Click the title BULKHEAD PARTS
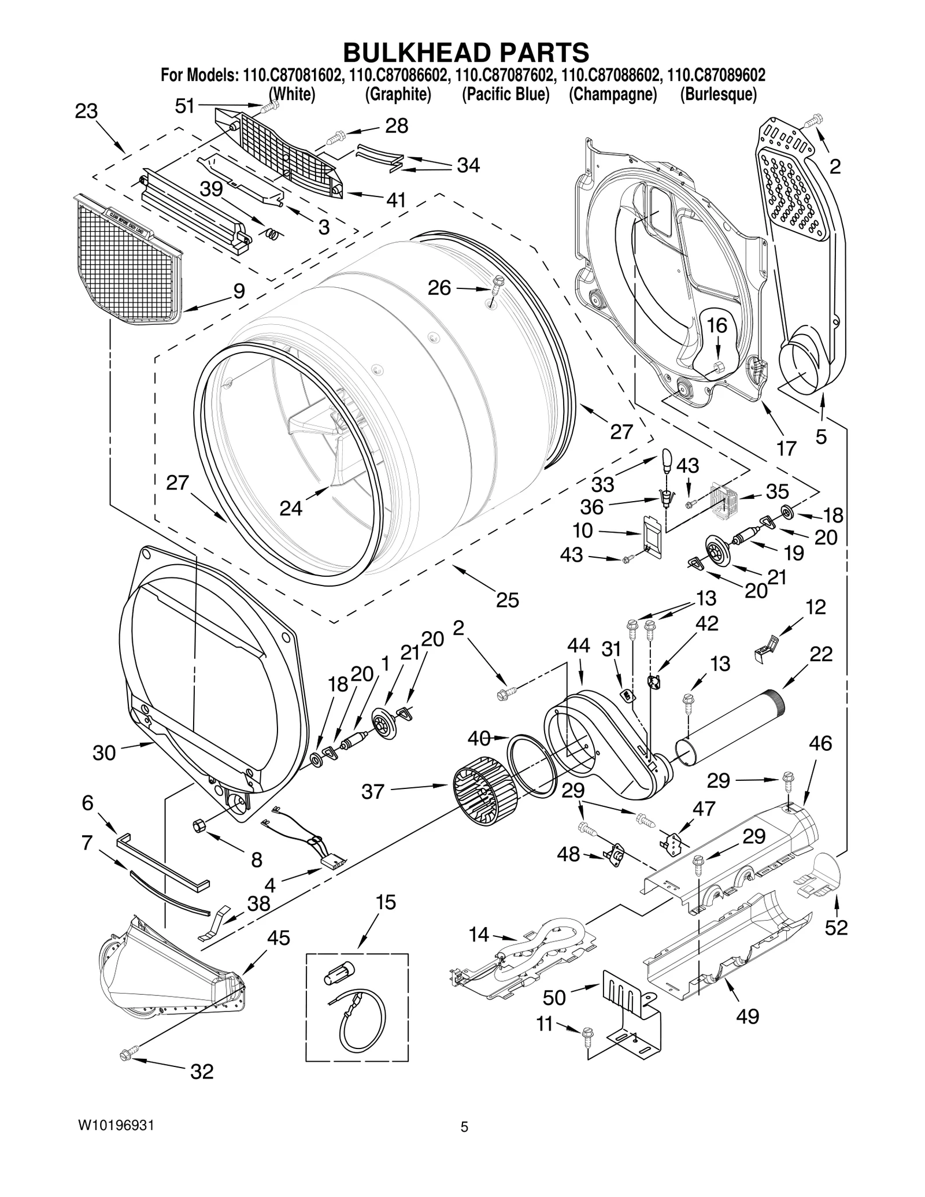(465, 53)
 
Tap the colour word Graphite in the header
(398, 94)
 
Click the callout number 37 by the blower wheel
(373, 791)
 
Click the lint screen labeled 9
(128, 260)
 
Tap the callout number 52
(836, 927)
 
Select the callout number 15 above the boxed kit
(386, 902)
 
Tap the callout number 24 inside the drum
(291, 508)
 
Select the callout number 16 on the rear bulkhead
(717, 325)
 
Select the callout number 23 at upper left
(87, 111)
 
